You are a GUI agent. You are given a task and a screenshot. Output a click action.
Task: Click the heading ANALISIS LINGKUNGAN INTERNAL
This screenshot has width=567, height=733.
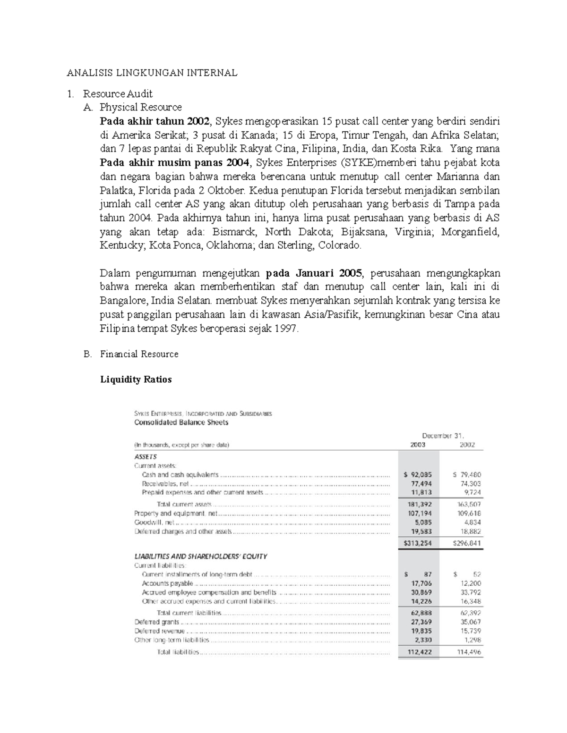coord(152,73)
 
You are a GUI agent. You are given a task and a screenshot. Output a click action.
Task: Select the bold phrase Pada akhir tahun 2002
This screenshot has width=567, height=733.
coord(154,121)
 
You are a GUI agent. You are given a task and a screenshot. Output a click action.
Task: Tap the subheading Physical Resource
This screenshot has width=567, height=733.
coord(140,107)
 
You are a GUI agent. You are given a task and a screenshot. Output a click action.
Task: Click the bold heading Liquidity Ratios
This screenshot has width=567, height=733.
coord(136,379)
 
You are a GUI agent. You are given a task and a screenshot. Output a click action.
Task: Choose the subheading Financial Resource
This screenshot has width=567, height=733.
coord(139,354)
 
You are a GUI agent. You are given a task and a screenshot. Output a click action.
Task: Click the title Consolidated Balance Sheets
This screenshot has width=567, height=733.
coord(181,422)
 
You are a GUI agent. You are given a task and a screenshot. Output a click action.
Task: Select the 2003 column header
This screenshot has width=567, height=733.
coord(418,445)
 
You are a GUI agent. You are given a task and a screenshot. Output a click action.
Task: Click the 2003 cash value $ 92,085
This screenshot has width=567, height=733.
coord(418,475)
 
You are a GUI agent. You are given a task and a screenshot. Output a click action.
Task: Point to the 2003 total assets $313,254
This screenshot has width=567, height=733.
coord(418,543)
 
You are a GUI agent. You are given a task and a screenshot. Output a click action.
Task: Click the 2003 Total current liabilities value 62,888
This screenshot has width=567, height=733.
coord(421,613)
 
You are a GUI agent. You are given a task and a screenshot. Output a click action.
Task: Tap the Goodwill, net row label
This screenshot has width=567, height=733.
coord(154,522)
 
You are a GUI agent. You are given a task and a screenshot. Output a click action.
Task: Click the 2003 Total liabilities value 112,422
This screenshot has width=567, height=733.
coord(419,652)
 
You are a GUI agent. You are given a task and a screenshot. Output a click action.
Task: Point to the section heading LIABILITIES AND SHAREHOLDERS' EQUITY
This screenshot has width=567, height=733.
coord(201,556)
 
